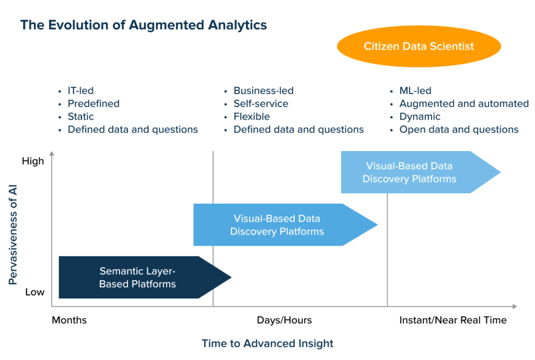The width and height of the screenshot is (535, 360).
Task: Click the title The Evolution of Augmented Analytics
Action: [143, 25]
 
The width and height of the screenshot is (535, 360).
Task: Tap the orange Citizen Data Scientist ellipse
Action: [418, 47]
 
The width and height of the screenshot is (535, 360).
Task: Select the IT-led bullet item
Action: [80, 91]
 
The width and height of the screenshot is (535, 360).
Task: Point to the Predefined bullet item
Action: [93, 103]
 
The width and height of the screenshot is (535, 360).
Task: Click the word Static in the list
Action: [80, 117]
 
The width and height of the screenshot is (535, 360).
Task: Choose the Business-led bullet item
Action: [263, 91]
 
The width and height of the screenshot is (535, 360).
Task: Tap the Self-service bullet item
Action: [261, 103]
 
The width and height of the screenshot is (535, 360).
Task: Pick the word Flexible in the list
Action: [251, 117]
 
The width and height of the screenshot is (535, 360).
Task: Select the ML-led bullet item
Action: [415, 91]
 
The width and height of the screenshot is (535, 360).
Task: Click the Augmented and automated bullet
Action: [464, 103]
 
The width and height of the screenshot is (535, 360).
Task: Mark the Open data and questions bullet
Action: [459, 130]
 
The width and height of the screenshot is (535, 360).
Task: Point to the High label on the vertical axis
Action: [33, 161]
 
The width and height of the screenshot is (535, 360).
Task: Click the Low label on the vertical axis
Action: [34, 292]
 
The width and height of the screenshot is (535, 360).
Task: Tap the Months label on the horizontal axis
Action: [69, 320]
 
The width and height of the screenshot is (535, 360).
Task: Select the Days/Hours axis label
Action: [284, 320]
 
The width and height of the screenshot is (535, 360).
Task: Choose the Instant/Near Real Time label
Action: [453, 320]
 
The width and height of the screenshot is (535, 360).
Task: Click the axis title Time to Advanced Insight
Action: [267, 343]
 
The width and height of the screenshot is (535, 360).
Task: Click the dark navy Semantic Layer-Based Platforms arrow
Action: [137, 277]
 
